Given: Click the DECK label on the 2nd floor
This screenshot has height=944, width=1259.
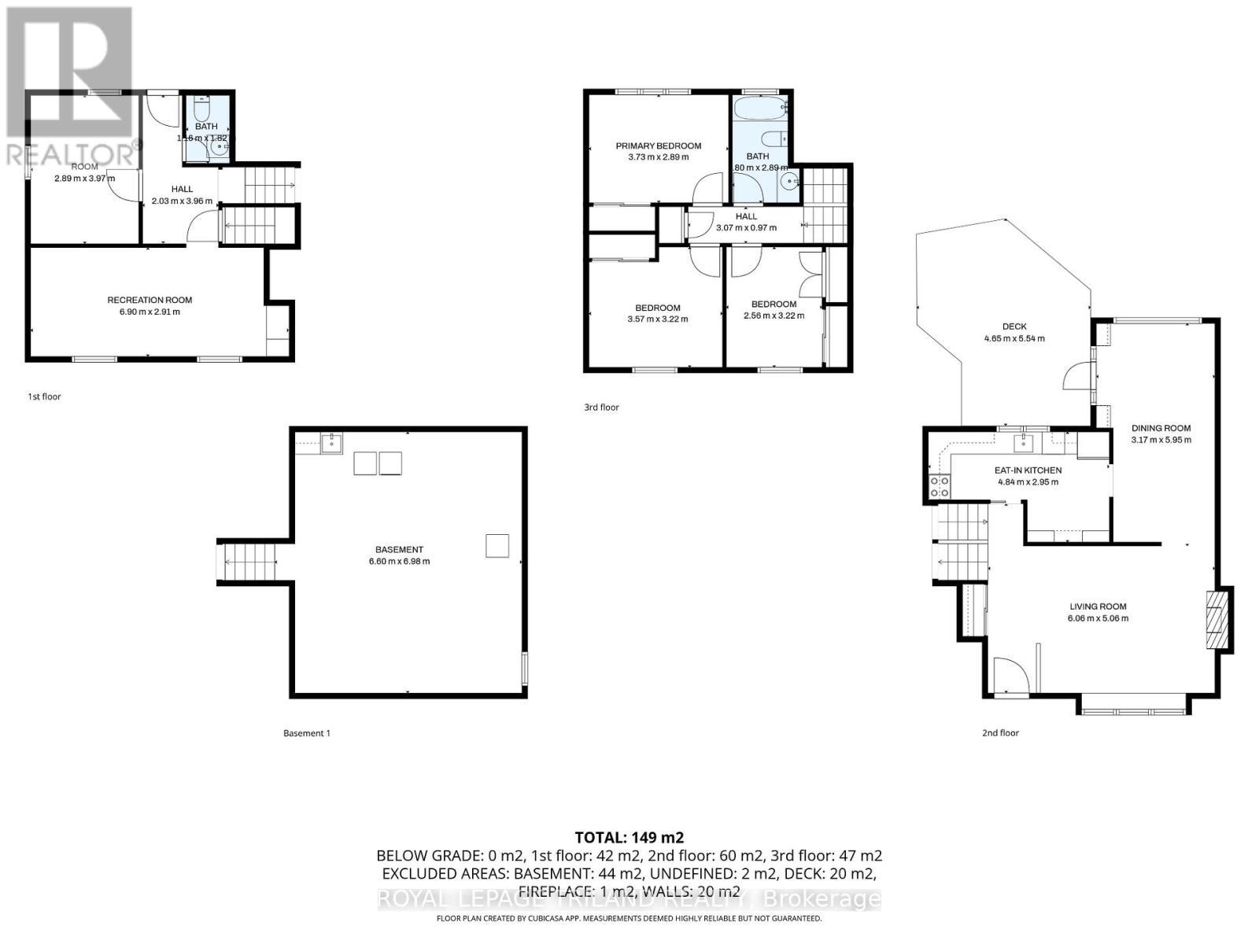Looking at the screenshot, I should [1014, 326].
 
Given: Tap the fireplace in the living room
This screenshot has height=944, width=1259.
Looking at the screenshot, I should [1216, 619].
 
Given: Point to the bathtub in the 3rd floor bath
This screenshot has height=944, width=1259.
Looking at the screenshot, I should [760, 109].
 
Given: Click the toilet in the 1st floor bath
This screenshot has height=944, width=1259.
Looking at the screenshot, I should [200, 107].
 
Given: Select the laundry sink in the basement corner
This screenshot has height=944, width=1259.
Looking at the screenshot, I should [331, 444].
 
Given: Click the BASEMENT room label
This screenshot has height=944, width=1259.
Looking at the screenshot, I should [399, 550].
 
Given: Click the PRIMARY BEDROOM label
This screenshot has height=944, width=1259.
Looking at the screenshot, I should [658, 146].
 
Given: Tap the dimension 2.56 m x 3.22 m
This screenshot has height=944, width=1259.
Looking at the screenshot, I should [773, 315].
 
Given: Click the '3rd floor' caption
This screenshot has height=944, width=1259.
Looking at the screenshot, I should [601, 407].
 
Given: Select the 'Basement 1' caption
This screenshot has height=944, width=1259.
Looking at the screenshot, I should [306, 733].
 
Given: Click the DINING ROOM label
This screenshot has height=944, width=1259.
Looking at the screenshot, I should [1161, 428].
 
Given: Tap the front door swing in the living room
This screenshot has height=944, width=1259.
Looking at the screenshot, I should [1010, 676].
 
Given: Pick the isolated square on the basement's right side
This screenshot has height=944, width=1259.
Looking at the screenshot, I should [497, 545].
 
